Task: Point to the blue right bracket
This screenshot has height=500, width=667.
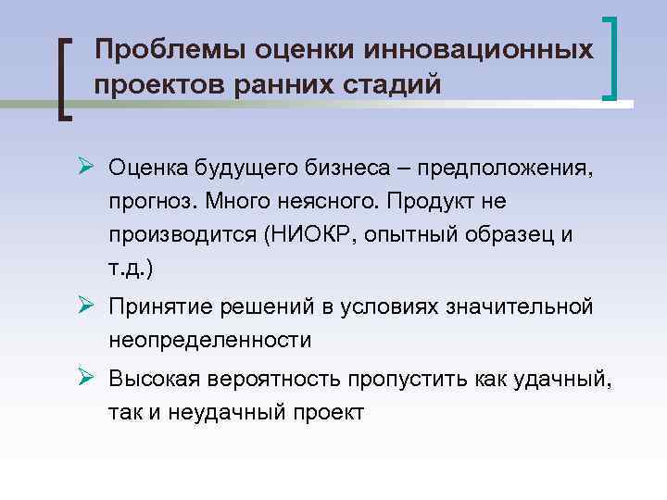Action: pyautogui.click(x=612, y=57)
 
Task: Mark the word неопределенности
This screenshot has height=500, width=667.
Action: pyautogui.click(x=209, y=340)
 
